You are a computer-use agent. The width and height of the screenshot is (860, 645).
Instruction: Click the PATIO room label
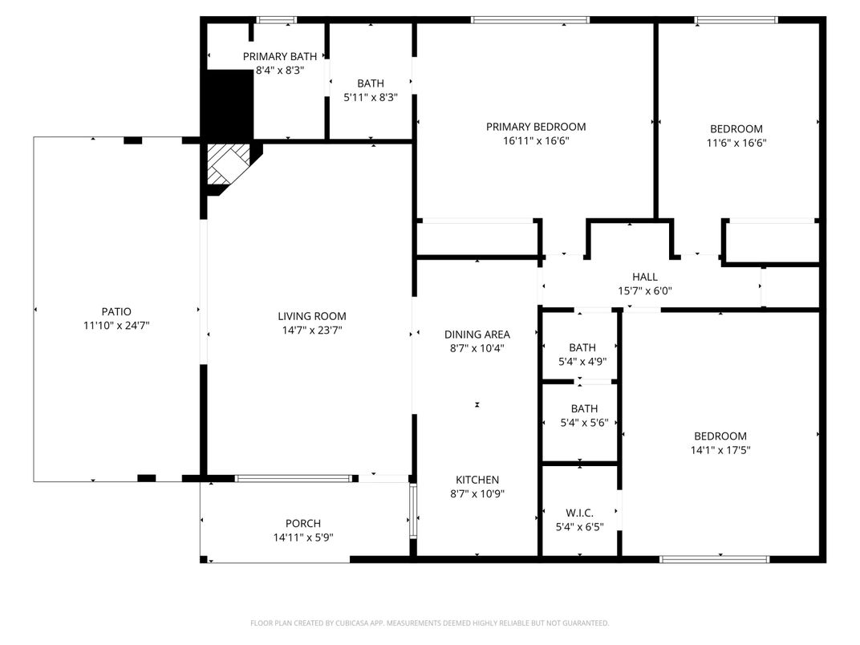(x=116, y=311)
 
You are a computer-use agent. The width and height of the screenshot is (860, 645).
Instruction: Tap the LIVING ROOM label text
(x=312, y=316)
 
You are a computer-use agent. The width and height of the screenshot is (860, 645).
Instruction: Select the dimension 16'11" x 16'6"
(x=536, y=141)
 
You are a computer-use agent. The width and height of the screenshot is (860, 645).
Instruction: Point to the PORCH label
(x=303, y=524)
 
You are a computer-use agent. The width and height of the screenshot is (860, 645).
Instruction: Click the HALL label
(x=644, y=277)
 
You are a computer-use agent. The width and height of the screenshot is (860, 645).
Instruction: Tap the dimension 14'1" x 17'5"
(x=720, y=450)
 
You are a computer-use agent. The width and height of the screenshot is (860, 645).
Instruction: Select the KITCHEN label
(x=477, y=480)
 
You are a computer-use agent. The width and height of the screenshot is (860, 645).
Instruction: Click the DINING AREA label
(x=477, y=334)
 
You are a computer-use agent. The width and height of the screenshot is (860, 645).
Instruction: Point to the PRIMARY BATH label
(x=279, y=56)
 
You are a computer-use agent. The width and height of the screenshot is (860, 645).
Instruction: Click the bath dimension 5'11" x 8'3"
(x=371, y=97)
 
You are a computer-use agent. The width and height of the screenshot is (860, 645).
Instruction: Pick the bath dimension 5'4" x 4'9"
(x=582, y=362)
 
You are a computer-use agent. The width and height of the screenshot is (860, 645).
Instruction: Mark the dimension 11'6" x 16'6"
(x=736, y=144)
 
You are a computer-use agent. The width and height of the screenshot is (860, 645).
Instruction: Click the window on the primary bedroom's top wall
(x=529, y=20)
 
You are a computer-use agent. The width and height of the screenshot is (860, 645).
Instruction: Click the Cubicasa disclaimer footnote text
(x=430, y=623)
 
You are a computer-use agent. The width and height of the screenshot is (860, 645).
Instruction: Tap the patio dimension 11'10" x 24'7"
(x=116, y=326)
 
